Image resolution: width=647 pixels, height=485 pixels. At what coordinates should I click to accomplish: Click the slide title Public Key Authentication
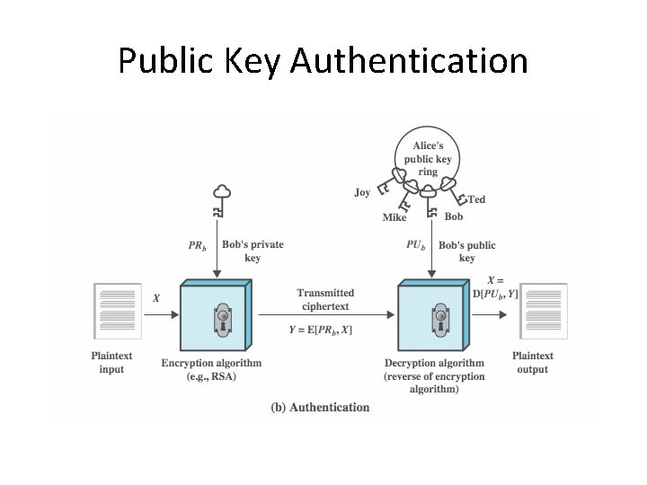tap(323, 61)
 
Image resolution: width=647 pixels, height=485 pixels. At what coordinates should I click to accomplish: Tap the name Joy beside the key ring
tap(362, 192)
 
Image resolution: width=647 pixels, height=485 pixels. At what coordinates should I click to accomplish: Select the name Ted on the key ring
tap(476, 199)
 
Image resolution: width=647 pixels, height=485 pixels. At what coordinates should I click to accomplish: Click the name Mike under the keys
tap(394, 217)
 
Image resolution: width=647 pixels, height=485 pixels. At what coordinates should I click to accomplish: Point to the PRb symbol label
tap(197, 245)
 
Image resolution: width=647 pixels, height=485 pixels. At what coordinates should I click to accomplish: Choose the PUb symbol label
tap(416, 245)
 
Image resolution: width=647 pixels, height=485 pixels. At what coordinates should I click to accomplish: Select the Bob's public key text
tap(467, 251)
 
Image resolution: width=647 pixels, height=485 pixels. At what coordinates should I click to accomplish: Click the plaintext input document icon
tap(118, 312)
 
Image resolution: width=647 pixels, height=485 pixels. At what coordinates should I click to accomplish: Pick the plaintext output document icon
tap(545, 312)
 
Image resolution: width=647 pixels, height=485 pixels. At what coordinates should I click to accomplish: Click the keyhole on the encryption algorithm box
tap(222, 319)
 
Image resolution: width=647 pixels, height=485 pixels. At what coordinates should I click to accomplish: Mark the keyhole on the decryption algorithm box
tap(440, 319)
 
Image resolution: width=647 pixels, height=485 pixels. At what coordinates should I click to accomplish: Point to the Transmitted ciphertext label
tap(325, 299)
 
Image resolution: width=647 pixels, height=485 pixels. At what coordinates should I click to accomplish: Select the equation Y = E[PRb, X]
tap(321, 330)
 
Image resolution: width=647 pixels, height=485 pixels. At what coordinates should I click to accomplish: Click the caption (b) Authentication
tap(320, 407)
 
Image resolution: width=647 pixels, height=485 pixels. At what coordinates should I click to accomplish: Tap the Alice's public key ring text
tap(429, 158)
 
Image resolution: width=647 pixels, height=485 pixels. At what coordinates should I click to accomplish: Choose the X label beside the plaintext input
tap(156, 297)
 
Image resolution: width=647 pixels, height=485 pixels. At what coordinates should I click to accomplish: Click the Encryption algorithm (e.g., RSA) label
tap(211, 370)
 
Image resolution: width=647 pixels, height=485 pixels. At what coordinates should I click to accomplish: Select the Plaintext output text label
tap(533, 363)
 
